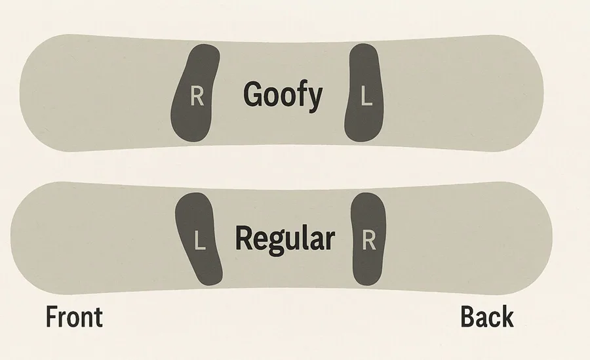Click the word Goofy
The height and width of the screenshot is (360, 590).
point(283,95)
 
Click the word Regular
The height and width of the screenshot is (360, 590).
point(285,239)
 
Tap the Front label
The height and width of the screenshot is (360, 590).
point(74,317)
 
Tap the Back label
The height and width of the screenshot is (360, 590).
point(487,317)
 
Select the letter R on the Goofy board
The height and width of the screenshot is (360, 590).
point(197,96)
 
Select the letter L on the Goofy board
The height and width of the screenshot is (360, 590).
point(366,96)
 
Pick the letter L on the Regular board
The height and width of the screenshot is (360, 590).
point(199,240)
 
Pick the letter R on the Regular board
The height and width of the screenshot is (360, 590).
point(368,240)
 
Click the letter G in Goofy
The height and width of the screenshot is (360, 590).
point(253,94)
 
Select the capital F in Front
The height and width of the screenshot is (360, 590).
point(51,317)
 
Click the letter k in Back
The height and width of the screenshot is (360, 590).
point(507,317)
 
